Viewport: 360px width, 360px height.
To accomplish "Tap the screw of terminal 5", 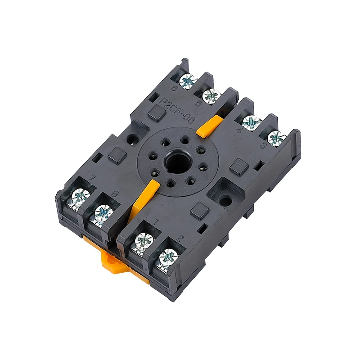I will tap(211, 96).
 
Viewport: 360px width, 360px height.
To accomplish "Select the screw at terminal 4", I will tap(252, 123).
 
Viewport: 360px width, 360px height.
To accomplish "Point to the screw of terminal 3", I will tap(276, 138).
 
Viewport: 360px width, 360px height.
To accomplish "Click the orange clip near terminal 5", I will tap(210, 125).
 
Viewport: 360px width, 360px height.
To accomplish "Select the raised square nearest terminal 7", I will tap(116, 156).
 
